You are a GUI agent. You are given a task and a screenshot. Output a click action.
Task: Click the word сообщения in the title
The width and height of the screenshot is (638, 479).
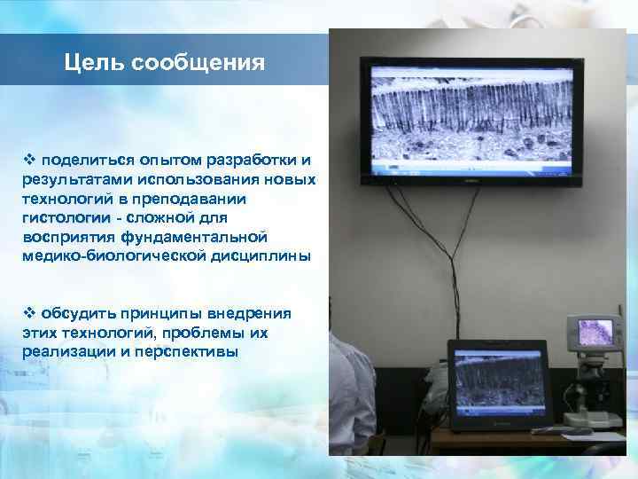198,62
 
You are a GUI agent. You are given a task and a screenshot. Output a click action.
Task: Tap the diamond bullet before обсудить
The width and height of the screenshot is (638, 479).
28,313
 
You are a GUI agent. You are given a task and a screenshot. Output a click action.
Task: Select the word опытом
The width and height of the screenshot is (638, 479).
166,161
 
